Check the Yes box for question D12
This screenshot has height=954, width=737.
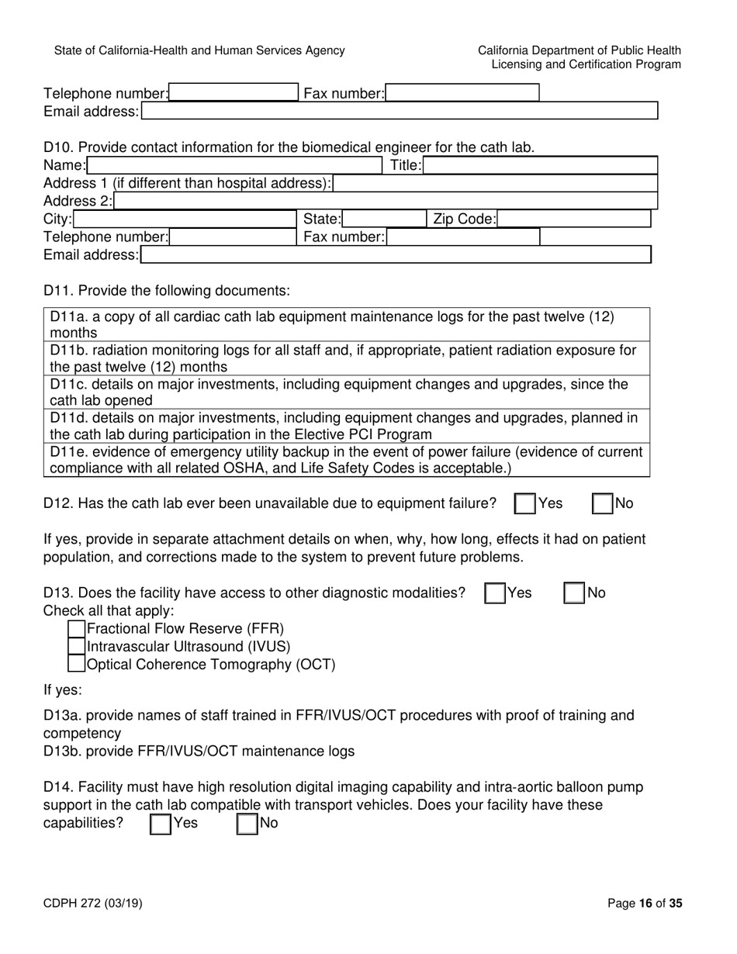[525, 503]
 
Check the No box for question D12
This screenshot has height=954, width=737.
[603, 503]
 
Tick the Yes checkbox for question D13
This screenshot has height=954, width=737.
[494, 593]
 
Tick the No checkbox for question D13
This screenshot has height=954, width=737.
[574, 593]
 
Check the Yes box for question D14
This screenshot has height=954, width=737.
[160, 823]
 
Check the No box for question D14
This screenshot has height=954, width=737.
[247, 823]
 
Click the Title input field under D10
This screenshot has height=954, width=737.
[540, 165]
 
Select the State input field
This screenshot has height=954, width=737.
[383, 219]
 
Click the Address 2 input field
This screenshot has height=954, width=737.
[385, 202]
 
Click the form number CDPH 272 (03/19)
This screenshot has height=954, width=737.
[92, 903]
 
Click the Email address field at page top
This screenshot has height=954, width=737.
[399, 112]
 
